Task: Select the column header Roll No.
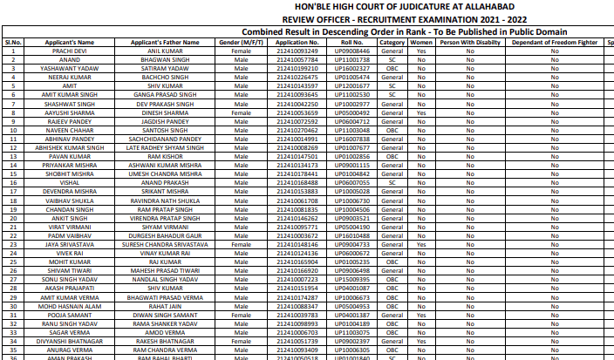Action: [352, 42]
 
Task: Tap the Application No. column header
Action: [296, 42]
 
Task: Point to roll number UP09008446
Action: [352, 52]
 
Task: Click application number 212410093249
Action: [296, 52]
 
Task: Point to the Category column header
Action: [392, 42]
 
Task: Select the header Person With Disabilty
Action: [469, 42]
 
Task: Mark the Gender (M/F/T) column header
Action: [241, 42]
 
